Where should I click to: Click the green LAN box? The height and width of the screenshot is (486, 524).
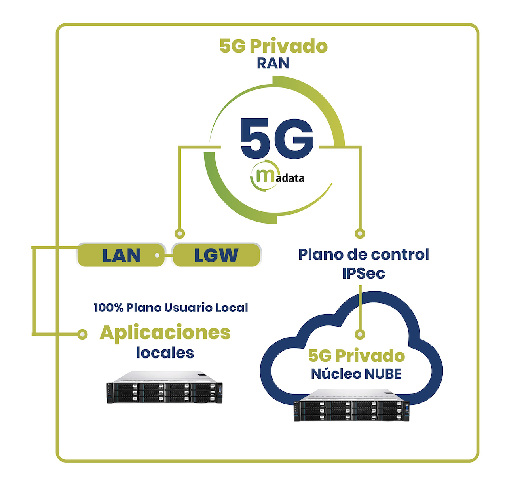[121, 255]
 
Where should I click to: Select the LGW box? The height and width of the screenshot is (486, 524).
[216, 255]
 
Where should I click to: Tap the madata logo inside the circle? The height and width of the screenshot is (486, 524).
[277, 175]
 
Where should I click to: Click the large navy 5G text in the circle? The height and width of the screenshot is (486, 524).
[277, 138]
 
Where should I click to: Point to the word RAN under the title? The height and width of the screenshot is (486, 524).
[273, 63]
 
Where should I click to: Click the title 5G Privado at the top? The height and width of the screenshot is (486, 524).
[273, 46]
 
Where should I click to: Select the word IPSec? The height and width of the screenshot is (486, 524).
[363, 273]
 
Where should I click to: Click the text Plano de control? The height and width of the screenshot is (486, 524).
[364, 254]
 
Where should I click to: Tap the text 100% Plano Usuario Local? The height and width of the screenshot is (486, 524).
[171, 308]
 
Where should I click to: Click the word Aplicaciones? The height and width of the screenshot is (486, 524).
[165, 333]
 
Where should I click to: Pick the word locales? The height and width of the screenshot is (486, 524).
[165, 353]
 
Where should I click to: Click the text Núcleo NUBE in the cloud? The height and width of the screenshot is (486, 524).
[356, 374]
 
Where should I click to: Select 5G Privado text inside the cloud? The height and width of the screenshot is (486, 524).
[357, 356]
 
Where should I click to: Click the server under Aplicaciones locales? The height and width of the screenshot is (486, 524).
[165, 387]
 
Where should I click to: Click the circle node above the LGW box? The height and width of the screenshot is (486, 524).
[180, 234]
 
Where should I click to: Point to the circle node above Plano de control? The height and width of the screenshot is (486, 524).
[360, 234]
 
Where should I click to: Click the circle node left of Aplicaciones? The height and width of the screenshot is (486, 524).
[82, 334]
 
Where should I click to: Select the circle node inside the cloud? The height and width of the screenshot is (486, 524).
[360, 334]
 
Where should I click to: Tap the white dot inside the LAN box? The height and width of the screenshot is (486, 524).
[157, 255]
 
